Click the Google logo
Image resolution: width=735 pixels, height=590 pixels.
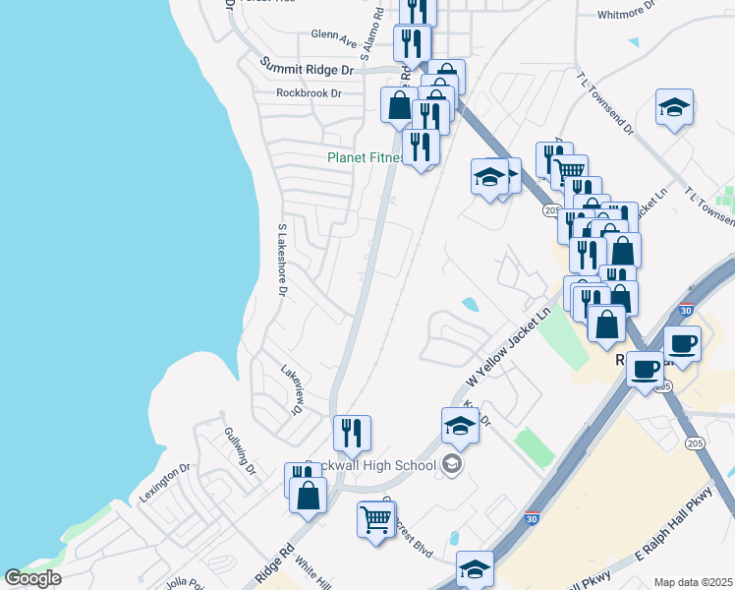(32, 577)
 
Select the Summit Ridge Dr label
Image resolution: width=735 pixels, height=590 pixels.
(306, 67)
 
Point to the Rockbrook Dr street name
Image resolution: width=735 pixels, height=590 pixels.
(309, 93)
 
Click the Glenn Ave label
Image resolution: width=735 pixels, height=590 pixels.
(334, 37)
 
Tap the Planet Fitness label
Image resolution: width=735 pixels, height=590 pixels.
(366, 157)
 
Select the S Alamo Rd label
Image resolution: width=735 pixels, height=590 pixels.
(370, 37)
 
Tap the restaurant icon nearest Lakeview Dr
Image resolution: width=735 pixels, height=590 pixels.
(352, 432)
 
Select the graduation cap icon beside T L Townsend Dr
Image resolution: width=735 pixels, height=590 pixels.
(675, 106)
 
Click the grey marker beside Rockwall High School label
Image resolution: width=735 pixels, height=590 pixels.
(452, 464)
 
